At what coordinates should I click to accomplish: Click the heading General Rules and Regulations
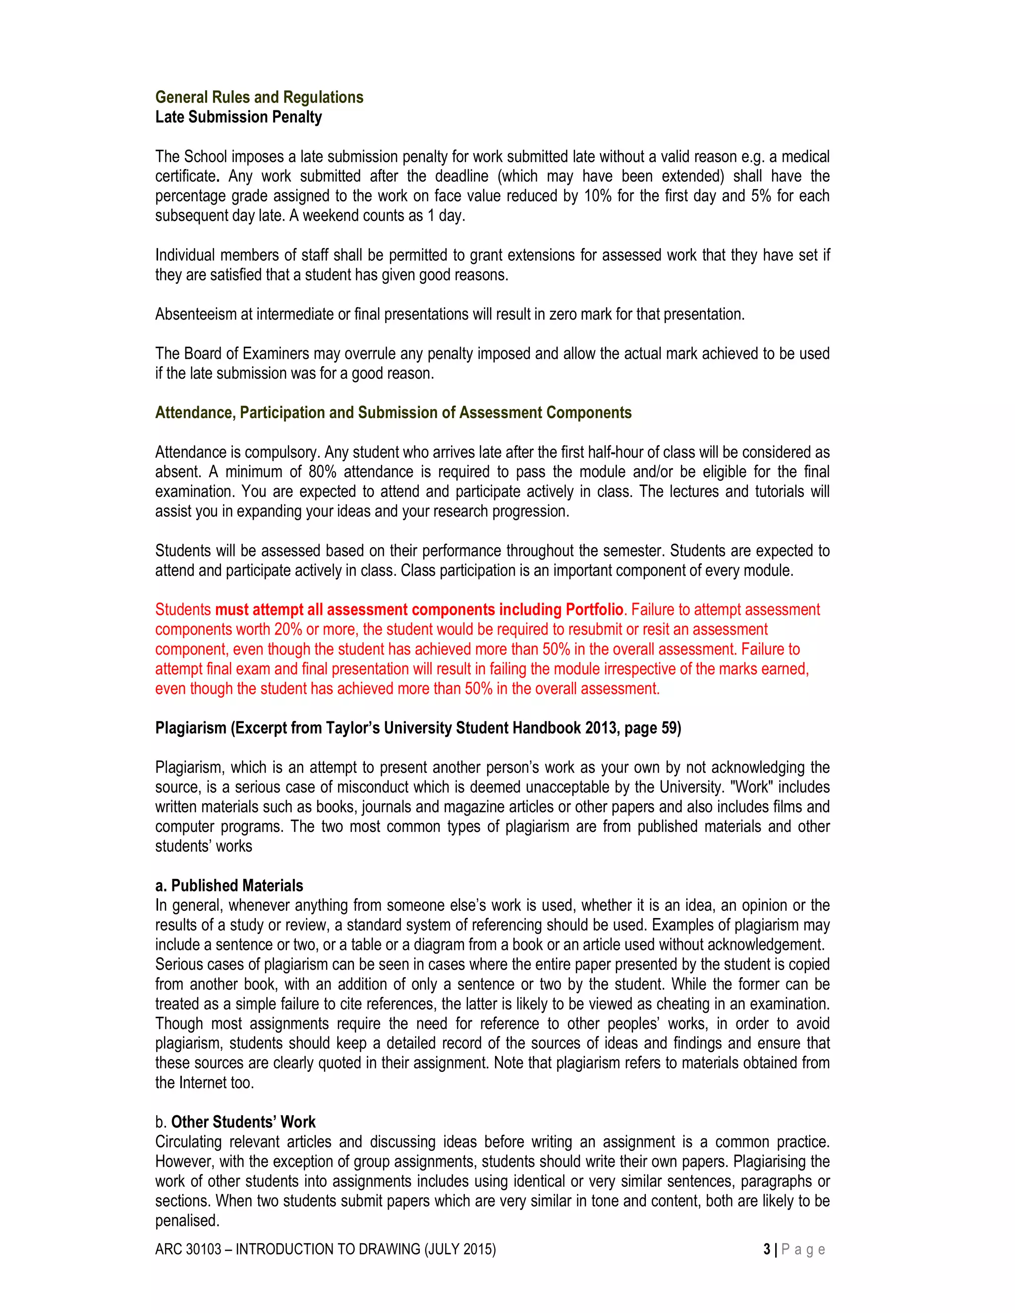pyautogui.click(x=259, y=98)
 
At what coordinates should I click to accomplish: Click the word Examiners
pyautogui.click(x=276, y=353)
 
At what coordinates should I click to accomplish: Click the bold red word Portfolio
pyautogui.click(x=593, y=609)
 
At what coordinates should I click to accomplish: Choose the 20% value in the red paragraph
pyautogui.click(x=288, y=629)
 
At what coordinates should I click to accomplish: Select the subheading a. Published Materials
pyautogui.click(x=229, y=885)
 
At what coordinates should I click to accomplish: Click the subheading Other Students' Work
pyautogui.click(x=243, y=1122)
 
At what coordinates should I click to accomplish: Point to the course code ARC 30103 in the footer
pyautogui.click(x=188, y=1249)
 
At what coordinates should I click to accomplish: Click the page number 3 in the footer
pyautogui.click(x=767, y=1249)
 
